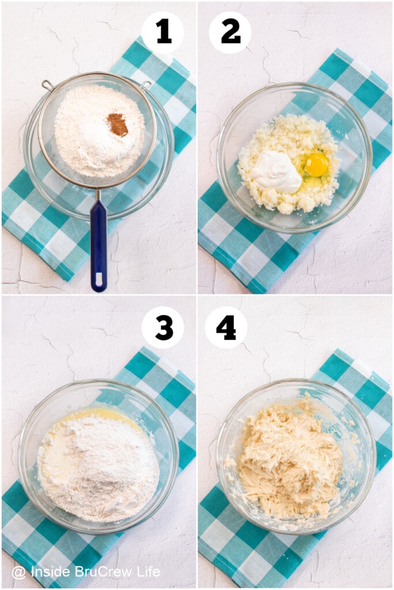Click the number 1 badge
163,32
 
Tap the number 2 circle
230,32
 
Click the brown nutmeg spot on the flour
117,124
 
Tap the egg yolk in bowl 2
317,164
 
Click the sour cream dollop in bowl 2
276,172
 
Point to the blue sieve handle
98,244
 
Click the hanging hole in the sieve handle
99,279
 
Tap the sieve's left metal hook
48,85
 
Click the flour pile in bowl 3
100,467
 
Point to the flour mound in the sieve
99,130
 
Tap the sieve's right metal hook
146,85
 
